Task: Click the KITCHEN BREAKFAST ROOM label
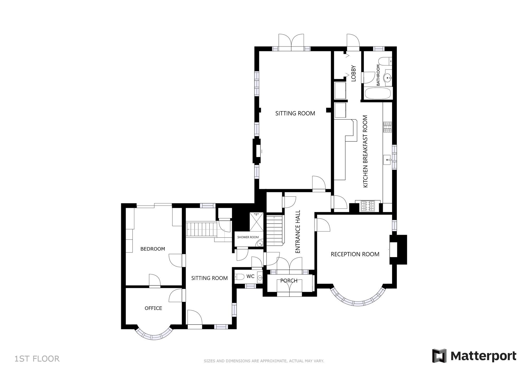tap(365, 151)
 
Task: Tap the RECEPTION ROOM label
tap(355, 254)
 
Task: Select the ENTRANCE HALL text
tap(298, 232)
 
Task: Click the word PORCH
tap(289, 281)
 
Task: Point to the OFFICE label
tap(153, 308)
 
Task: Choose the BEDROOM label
tap(153, 249)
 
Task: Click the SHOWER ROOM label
tap(248, 237)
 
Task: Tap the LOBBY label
tap(353, 73)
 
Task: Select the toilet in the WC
tap(239, 277)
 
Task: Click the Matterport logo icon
tap(439, 355)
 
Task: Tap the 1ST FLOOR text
tap(37, 359)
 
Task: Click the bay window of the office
tap(154, 337)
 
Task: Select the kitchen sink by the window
tap(387, 160)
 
